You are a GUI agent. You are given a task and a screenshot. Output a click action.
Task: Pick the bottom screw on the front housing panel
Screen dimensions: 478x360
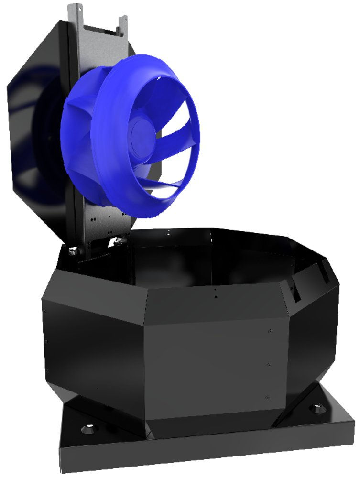(x=267, y=397)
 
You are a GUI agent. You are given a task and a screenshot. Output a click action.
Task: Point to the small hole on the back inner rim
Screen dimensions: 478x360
(x=168, y=232)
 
